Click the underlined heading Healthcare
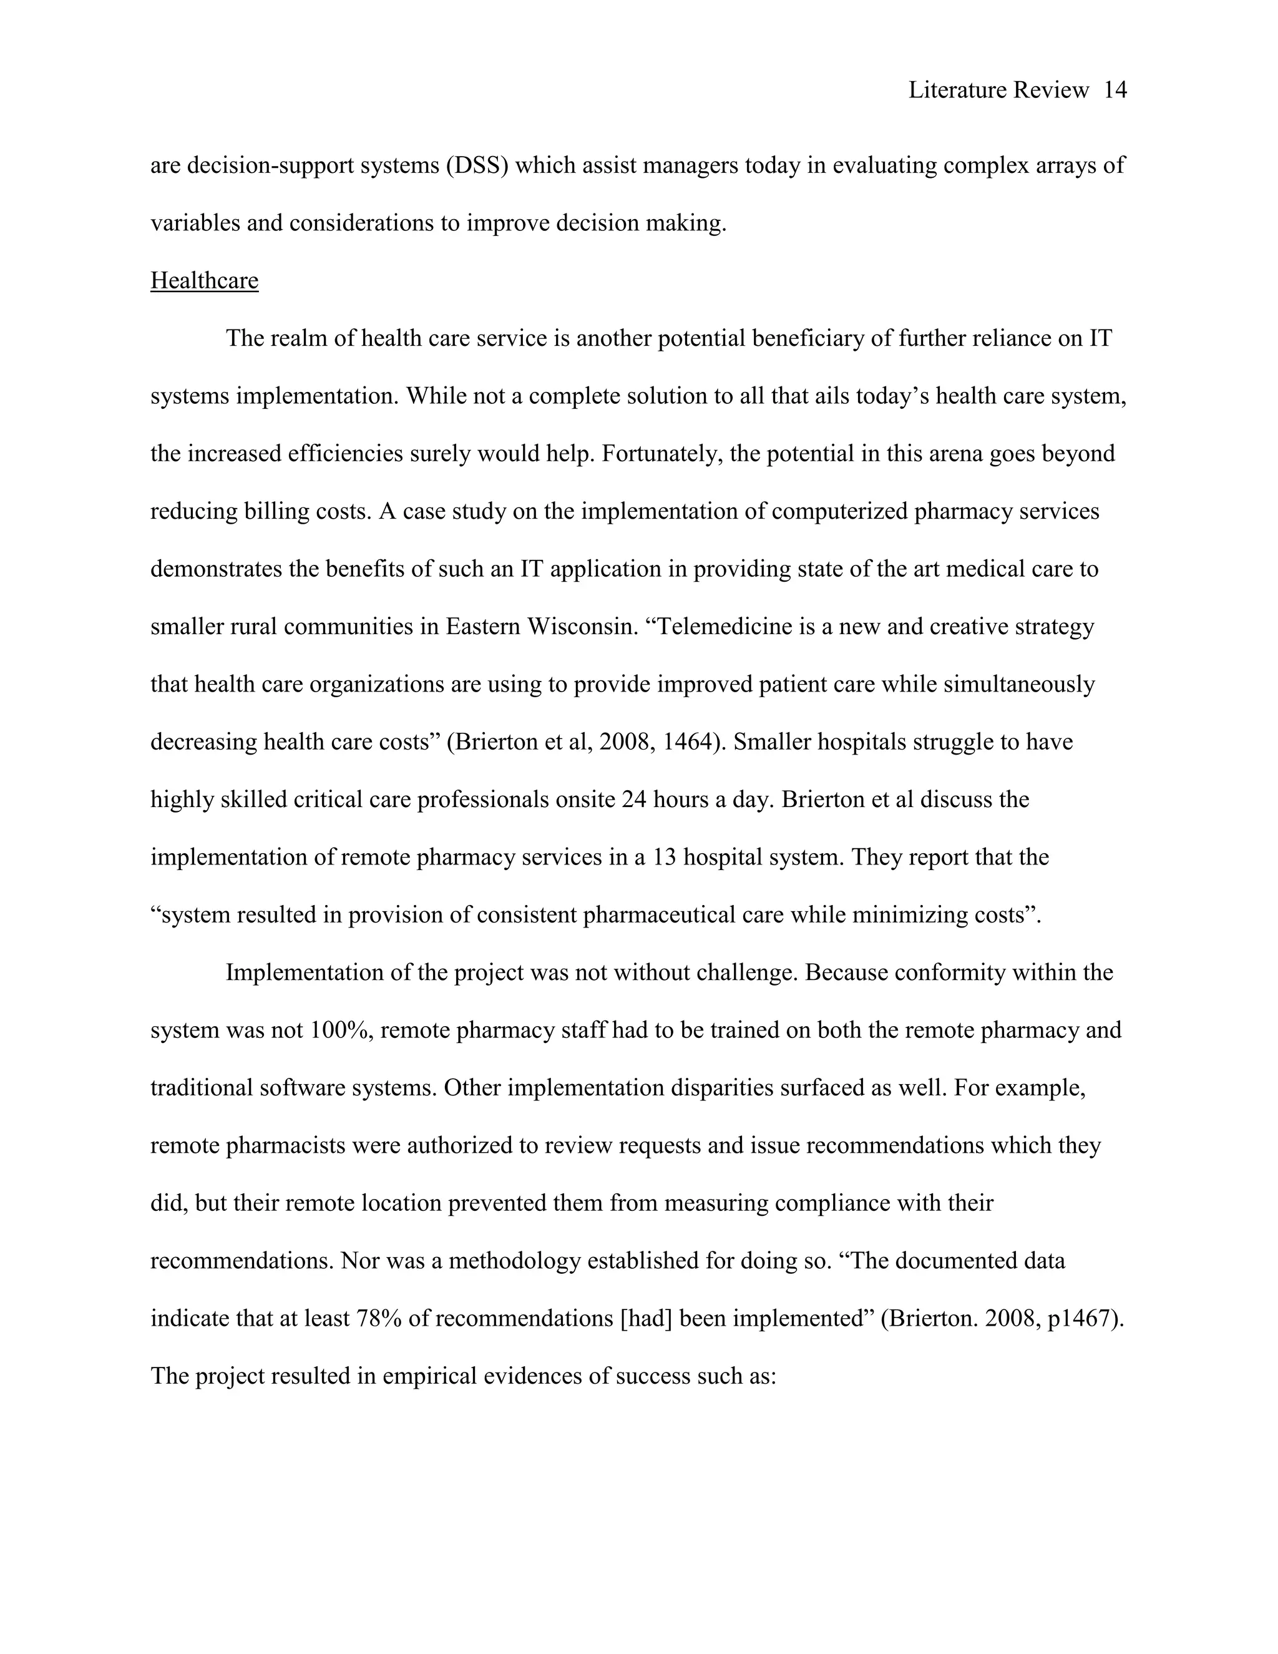click(205, 281)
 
